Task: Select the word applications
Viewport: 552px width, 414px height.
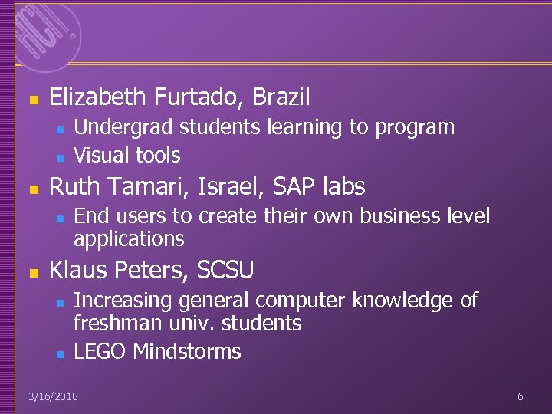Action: [x=129, y=239]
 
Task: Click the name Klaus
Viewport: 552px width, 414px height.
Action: [x=77, y=270]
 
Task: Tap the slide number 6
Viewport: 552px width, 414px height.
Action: [x=521, y=396]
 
